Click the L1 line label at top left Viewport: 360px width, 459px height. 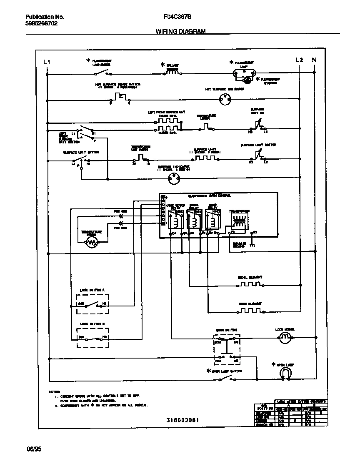click(x=47, y=62)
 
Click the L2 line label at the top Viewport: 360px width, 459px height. click(x=299, y=60)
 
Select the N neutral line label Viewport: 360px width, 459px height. click(x=314, y=60)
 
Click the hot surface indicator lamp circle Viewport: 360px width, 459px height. click(x=225, y=100)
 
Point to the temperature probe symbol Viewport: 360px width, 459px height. click(x=91, y=243)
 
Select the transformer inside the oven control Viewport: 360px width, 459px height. click(x=239, y=220)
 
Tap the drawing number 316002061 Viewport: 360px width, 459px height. click(x=180, y=420)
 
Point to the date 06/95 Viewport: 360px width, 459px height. click(x=34, y=449)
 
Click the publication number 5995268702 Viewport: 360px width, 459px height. click(x=41, y=23)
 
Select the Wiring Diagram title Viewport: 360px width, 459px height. click(x=180, y=31)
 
